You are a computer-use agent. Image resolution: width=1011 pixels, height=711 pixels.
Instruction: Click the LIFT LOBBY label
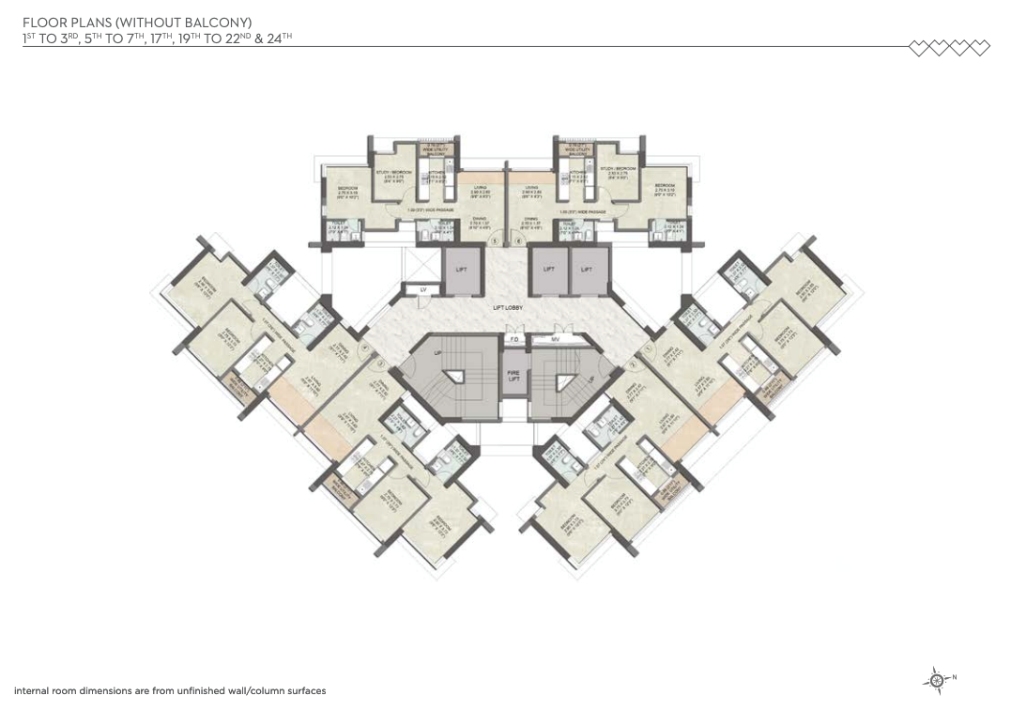(x=508, y=308)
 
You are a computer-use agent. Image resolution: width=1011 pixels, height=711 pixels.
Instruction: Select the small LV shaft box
(x=422, y=290)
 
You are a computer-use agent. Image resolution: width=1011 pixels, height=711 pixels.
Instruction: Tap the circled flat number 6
(x=517, y=240)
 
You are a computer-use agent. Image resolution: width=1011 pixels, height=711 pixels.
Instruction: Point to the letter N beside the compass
(x=955, y=677)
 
